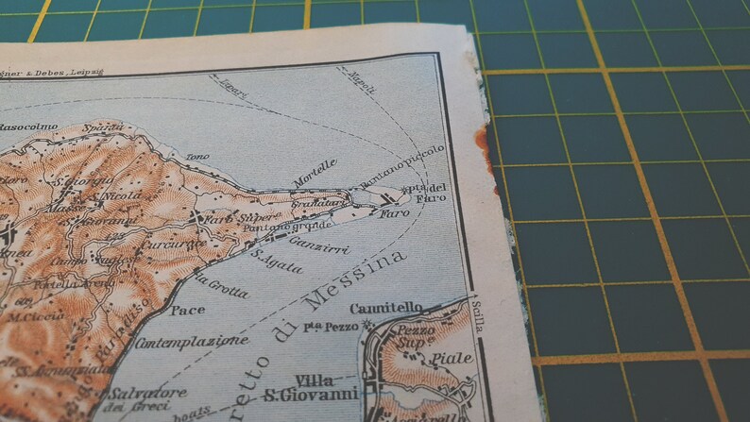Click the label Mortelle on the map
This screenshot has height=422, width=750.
[314, 170]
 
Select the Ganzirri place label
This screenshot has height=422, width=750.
[320, 249]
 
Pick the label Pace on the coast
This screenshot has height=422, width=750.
[189, 309]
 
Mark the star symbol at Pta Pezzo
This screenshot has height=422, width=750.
[367, 326]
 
